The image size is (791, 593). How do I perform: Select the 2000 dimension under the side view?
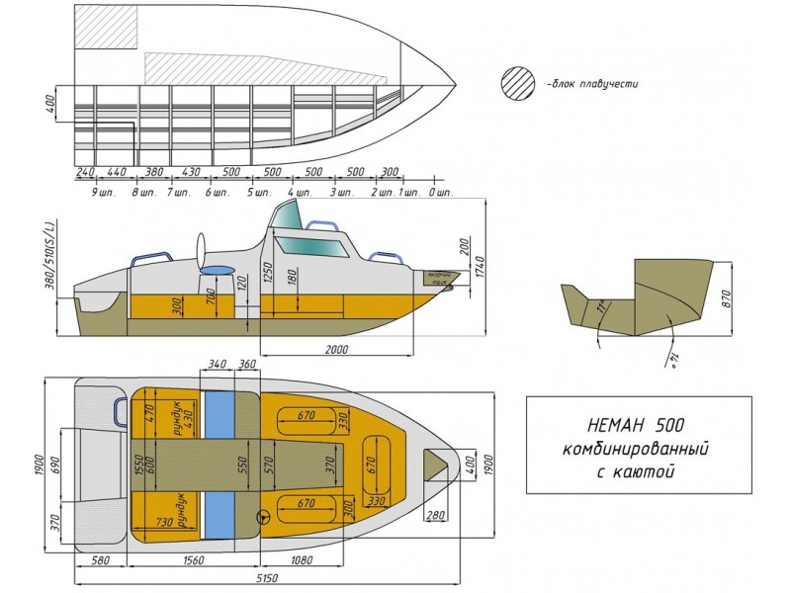(x=336, y=349)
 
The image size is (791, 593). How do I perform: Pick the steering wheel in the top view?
(x=264, y=515)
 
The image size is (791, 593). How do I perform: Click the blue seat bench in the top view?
(x=217, y=464)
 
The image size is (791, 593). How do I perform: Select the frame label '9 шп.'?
(x=101, y=191)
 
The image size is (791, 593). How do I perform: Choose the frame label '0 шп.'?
(x=441, y=191)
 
